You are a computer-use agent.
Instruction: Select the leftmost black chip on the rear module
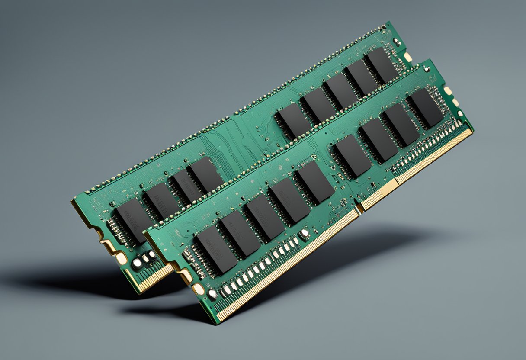pyautogui.click(x=131, y=221)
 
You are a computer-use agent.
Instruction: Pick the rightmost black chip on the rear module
pyautogui.click(x=381, y=65)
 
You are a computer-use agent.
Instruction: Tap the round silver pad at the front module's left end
pyautogui.click(x=212, y=294)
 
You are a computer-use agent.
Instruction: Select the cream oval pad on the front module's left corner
pyautogui.click(x=198, y=289)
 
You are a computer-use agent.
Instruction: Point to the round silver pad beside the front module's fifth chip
pyautogui.click(x=305, y=234)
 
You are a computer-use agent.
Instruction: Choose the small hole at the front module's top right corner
pyautogui.click(x=427, y=69)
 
